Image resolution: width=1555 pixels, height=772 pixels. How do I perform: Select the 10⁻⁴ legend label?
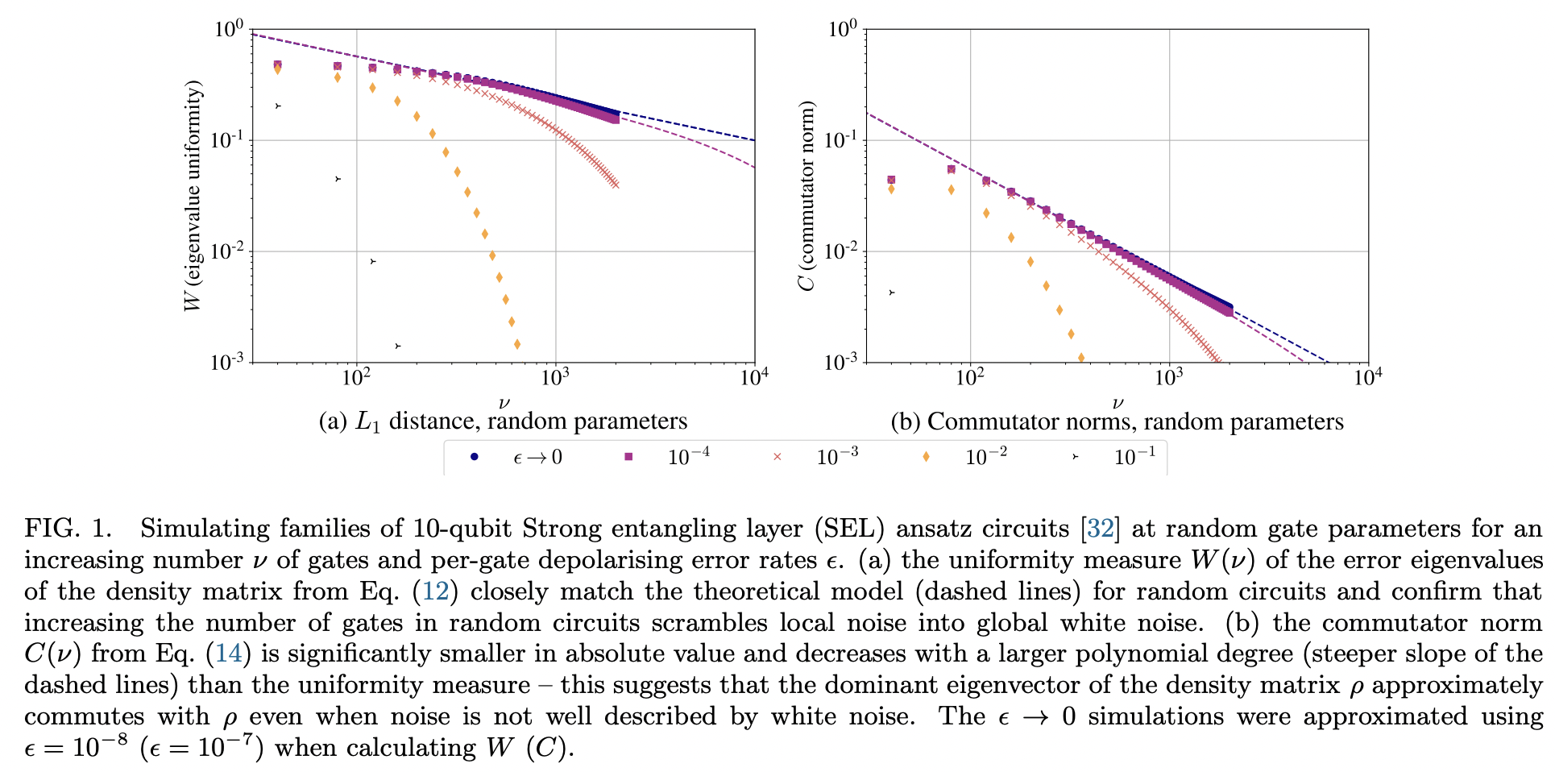[x=688, y=457]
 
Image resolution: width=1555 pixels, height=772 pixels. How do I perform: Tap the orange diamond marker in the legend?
[x=926, y=457]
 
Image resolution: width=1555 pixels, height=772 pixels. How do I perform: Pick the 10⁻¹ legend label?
[x=1134, y=457]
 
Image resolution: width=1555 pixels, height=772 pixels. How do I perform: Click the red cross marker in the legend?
[x=777, y=457]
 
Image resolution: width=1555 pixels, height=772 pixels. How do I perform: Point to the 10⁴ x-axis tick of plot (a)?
[x=753, y=377]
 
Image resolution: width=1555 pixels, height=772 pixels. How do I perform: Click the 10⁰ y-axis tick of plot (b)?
[x=842, y=30]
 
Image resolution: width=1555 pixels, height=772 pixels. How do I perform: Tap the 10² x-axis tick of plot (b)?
[x=969, y=377]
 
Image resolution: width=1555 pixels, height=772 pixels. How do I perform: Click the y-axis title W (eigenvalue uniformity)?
[x=193, y=196]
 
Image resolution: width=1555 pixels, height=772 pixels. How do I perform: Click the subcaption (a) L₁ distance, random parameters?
[x=503, y=421]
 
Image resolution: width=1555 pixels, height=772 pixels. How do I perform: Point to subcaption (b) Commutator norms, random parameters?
[x=1117, y=421]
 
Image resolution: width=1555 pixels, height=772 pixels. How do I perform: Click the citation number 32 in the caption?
[x=1101, y=529]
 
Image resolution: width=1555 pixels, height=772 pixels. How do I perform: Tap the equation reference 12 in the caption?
[x=435, y=591]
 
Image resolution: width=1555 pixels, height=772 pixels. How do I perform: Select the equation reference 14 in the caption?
[x=229, y=654]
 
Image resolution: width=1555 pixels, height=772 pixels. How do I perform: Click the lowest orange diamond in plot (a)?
[x=517, y=344]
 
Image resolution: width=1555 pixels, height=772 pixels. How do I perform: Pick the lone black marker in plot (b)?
[x=891, y=293]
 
